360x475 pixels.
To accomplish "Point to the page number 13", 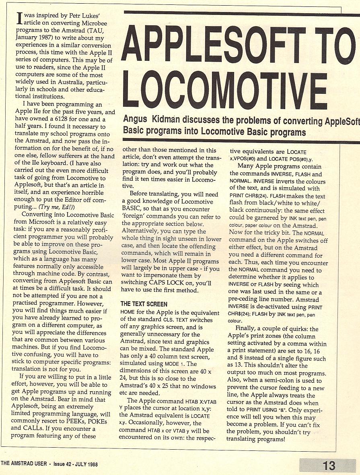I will [x=329, y=466].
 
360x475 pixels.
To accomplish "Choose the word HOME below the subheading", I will [x=128, y=312].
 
